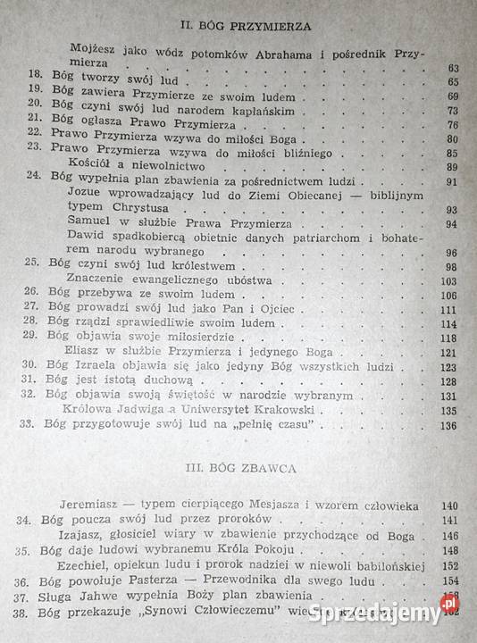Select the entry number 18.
(x=36, y=81)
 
